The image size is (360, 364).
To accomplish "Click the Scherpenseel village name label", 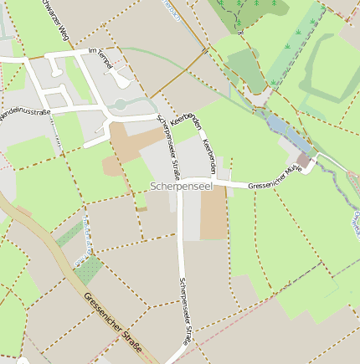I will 182,186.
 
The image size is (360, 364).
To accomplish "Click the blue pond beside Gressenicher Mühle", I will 281,129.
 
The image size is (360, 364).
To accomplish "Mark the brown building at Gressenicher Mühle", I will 303,159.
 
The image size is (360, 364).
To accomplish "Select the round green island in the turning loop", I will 119,104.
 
